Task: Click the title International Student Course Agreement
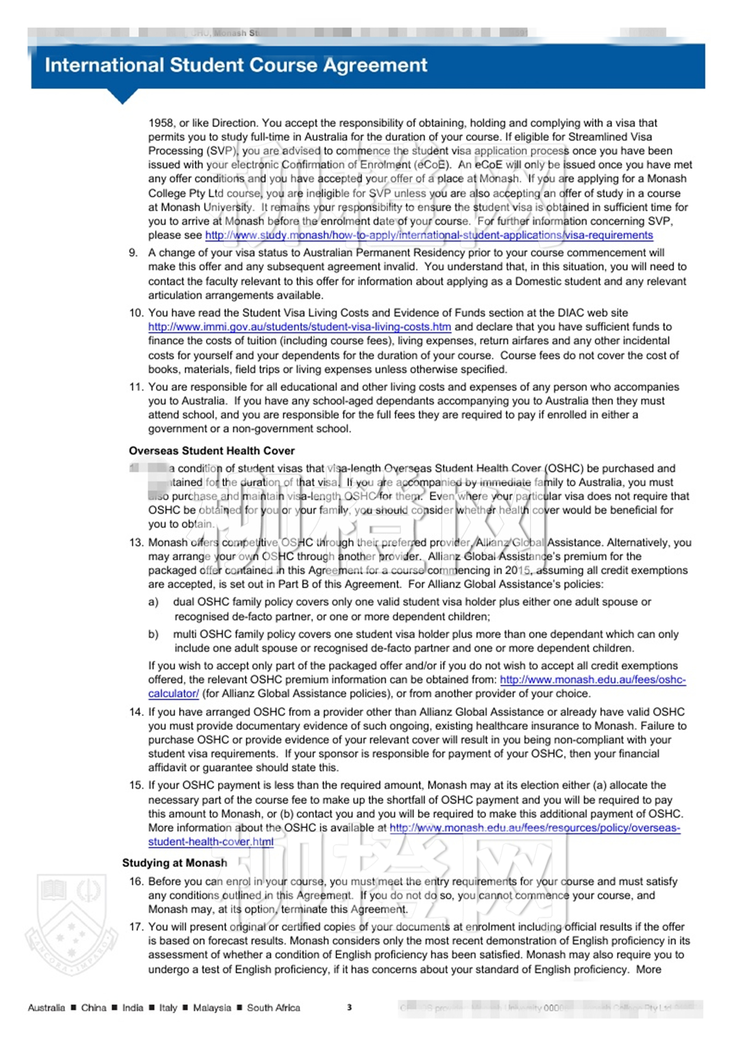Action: pos(236,65)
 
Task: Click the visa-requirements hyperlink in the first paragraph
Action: pos(428,235)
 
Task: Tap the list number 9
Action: pos(133,253)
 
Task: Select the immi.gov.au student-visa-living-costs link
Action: pos(299,327)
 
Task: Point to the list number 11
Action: pos(136,387)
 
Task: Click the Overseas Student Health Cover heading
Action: pos(212,451)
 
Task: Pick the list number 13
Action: pos(136,543)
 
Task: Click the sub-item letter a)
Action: pos(153,602)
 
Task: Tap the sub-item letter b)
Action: pos(153,635)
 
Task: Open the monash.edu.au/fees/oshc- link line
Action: pos(592,680)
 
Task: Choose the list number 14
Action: pos(136,712)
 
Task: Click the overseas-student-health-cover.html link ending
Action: pos(211,842)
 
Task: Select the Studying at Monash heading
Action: pos(175,863)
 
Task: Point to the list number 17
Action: pos(136,927)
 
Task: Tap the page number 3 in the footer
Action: pos(349,1007)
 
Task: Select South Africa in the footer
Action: pos(274,1008)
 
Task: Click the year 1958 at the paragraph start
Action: pos(161,123)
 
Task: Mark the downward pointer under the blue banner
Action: pos(123,97)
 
